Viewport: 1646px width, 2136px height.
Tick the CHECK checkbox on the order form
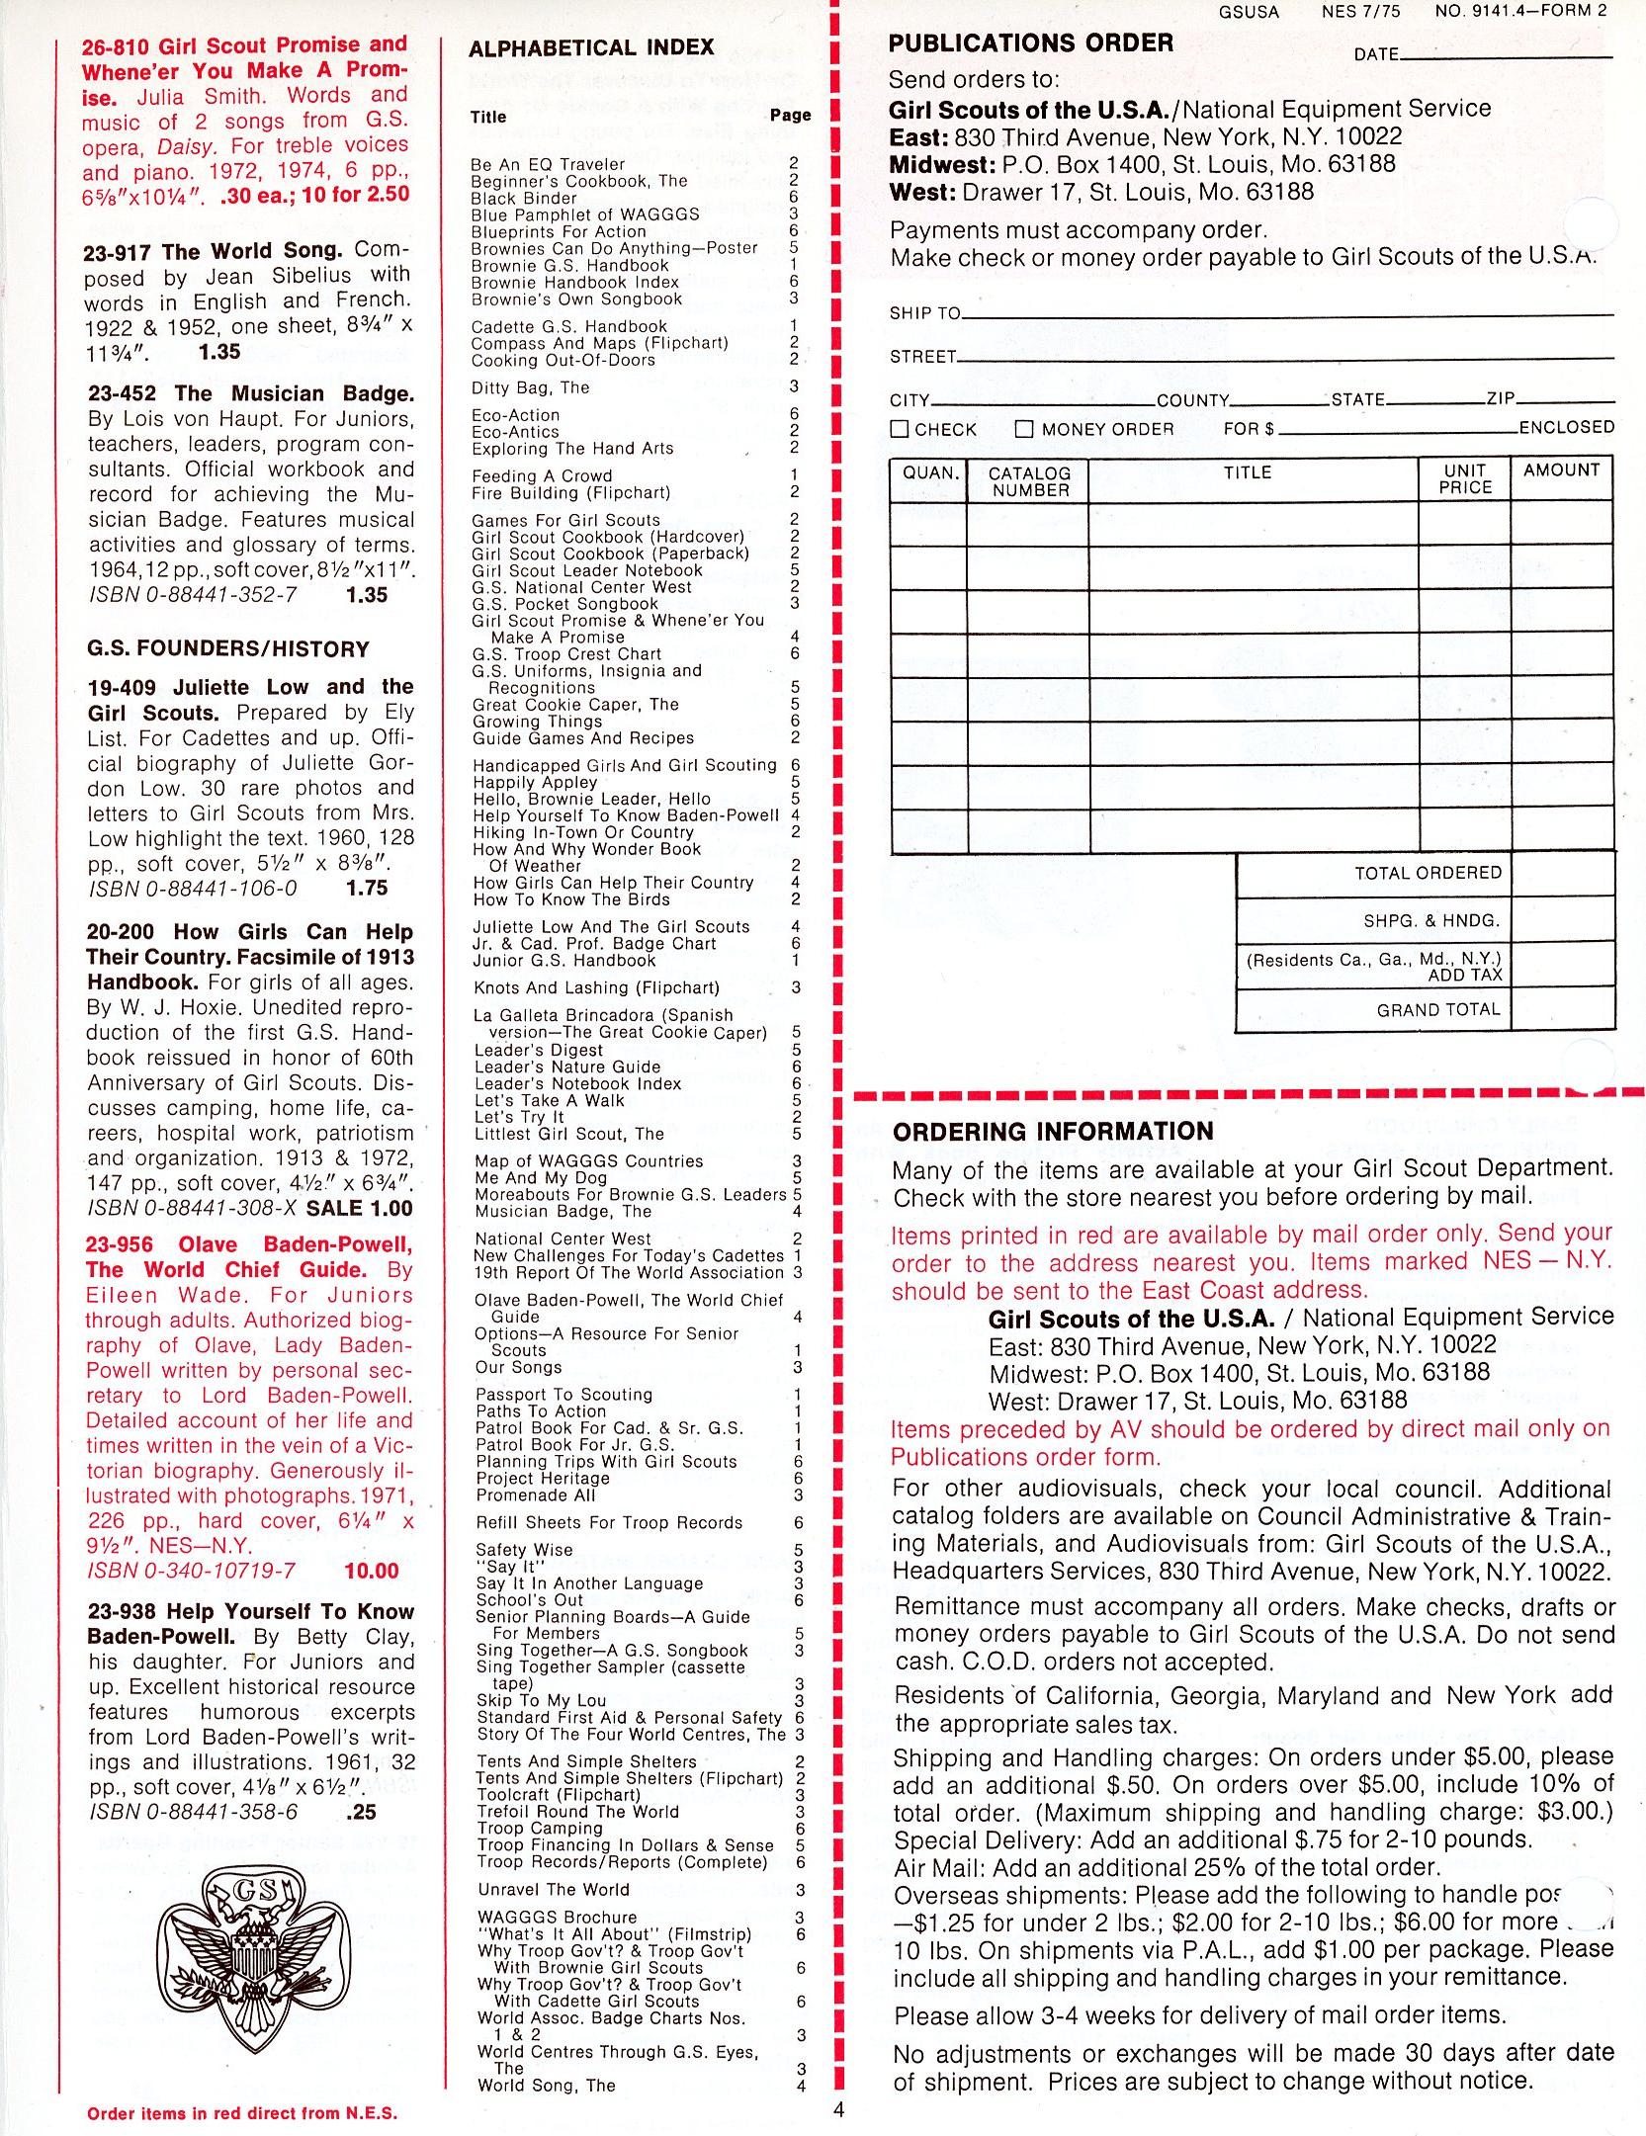point(900,429)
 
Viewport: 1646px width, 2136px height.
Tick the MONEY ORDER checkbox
point(1024,429)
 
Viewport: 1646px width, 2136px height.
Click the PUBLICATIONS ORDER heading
point(1031,43)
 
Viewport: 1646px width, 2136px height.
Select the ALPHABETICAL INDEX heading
point(591,48)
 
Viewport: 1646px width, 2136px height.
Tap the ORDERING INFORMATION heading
point(1052,1132)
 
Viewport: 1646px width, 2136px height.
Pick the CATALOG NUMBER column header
point(1029,481)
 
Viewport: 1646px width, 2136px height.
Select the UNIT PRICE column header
point(1464,479)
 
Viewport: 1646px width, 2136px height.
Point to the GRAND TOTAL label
point(1438,1009)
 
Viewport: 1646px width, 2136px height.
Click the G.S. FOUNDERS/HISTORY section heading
point(227,649)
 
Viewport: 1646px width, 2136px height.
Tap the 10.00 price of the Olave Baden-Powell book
point(372,1571)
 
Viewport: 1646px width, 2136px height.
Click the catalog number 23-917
point(119,252)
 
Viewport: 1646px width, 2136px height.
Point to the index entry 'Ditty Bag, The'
point(530,387)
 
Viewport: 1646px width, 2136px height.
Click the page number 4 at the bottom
point(839,2107)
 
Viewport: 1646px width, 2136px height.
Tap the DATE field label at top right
point(1376,54)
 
